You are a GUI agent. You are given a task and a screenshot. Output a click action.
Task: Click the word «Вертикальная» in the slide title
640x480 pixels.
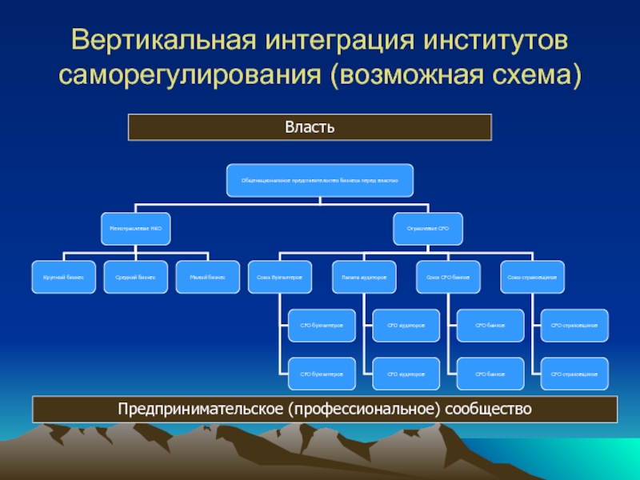[x=153, y=41]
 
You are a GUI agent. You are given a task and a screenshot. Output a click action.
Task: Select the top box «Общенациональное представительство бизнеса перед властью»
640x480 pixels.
[x=320, y=181]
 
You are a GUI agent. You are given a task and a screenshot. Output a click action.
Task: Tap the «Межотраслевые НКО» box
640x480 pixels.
[x=136, y=229]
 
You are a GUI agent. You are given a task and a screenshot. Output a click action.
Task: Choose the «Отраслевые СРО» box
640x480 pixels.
[x=429, y=229]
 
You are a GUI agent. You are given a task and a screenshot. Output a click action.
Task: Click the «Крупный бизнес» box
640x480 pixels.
[x=64, y=277]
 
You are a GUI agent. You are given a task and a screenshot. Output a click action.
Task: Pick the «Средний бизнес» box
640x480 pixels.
[x=136, y=277]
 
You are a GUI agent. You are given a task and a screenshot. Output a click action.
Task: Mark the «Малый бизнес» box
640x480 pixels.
[x=208, y=277]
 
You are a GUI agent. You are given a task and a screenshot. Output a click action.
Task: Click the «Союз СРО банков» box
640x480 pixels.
[x=448, y=277]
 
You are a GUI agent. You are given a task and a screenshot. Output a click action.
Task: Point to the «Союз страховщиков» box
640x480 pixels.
[x=533, y=277]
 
